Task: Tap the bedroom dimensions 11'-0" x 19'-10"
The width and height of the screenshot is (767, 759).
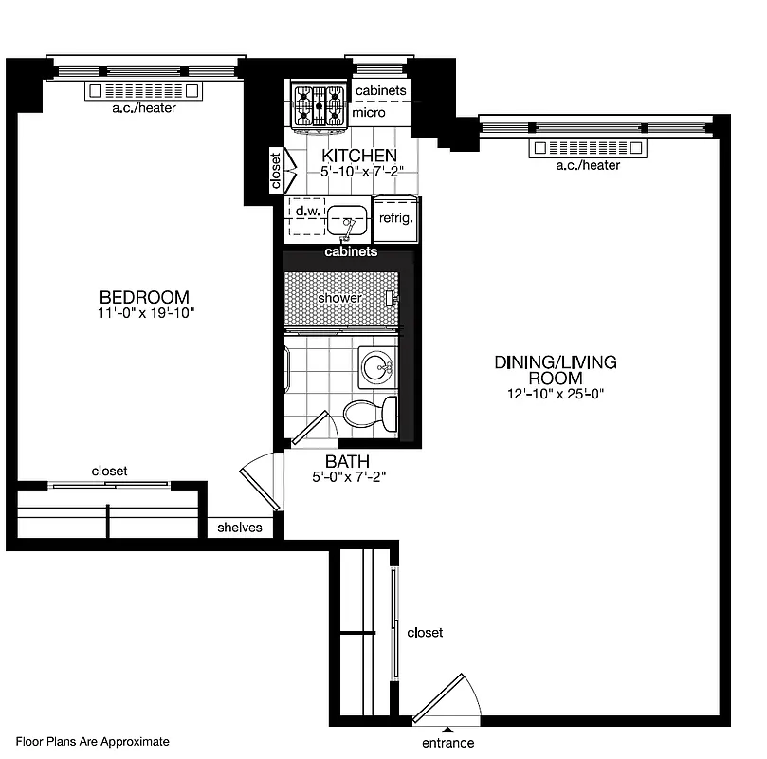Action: (147, 312)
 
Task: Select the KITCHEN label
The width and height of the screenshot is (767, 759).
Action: (358, 156)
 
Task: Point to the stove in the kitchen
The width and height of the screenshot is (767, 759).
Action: (318, 105)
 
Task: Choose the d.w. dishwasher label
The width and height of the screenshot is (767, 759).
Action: (305, 210)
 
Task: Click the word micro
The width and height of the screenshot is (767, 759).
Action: (368, 113)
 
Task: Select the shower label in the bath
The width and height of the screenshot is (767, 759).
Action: (339, 298)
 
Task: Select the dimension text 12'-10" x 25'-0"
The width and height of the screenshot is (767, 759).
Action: (555, 394)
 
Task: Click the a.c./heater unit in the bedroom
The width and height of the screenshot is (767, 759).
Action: (144, 91)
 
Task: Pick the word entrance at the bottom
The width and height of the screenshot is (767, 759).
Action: (447, 743)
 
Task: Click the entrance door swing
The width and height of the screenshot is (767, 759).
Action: (444, 700)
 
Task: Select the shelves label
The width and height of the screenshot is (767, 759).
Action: (240, 528)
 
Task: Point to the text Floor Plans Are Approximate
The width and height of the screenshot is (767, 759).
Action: (92, 742)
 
